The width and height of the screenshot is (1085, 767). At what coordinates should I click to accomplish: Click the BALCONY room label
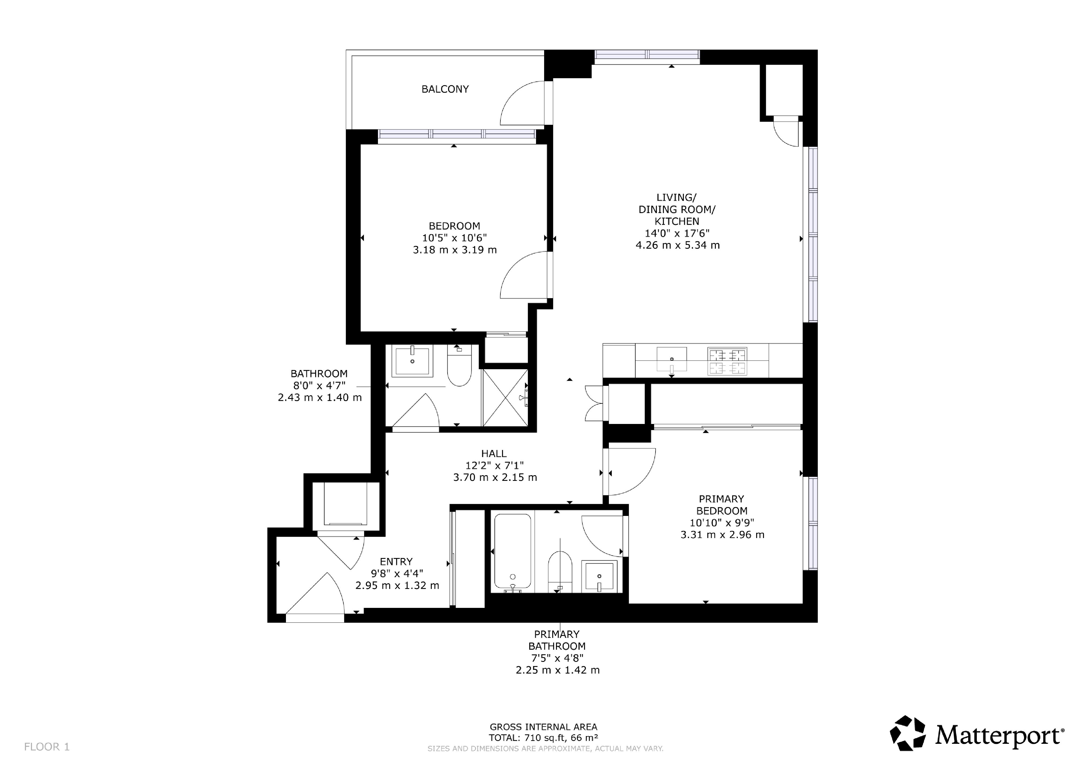pyautogui.click(x=445, y=89)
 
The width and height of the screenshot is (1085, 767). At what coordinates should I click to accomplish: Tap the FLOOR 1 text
pyautogui.click(x=47, y=747)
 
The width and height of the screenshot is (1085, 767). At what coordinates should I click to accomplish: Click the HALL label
pyautogui.click(x=494, y=453)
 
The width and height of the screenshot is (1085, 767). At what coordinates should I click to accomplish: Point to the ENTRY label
pyautogui.click(x=396, y=561)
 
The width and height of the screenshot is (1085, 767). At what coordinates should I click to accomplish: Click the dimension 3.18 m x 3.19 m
pyautogui.click(x=455, y=250)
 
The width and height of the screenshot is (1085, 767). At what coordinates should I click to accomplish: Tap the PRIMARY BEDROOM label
pyautogui.click(x=722, y=505)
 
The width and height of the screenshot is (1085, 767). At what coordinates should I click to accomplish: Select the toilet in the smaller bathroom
pyautogui.click(x=459, y=365)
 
